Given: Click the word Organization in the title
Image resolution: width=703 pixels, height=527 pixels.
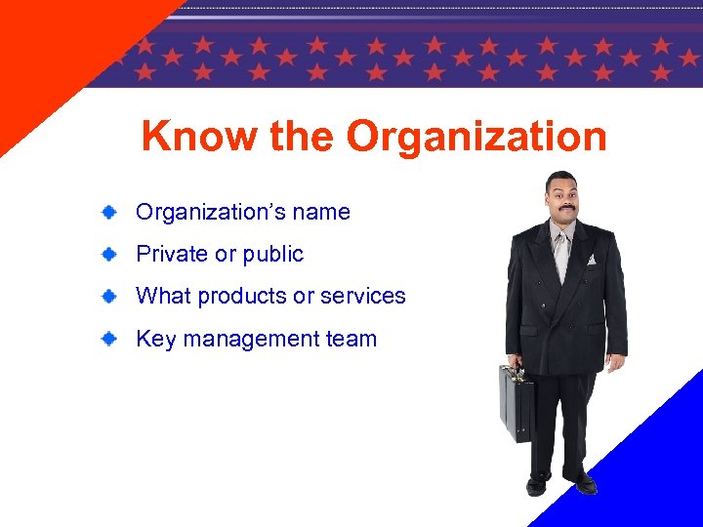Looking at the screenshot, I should coord(476,138).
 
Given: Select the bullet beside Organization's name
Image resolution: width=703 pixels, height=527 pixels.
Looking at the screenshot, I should coord(112,212).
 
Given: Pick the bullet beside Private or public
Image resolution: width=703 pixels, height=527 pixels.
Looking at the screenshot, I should coord(112,254).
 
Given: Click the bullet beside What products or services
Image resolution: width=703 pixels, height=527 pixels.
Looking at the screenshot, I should coord(112,296).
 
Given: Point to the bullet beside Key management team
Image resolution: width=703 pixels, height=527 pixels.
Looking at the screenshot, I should coord(112,339).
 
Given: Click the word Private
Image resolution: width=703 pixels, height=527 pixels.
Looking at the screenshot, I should coord(172,254).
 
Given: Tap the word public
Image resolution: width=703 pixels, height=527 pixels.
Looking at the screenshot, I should coord(273,255).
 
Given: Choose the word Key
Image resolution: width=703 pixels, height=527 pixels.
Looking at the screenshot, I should coord(155,340).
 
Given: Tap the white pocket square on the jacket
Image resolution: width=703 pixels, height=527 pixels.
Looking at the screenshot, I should coord(591,260).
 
